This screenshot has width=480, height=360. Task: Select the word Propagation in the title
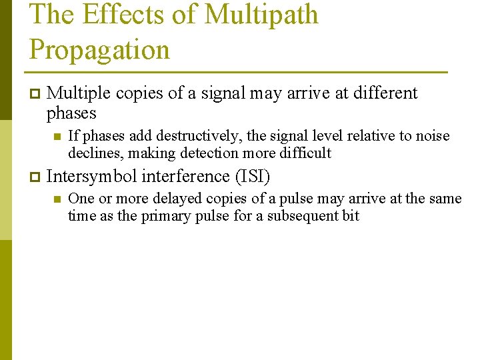click(x=100, y=50)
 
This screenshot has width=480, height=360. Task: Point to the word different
click(x=385, y=93)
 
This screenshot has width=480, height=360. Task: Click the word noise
click(x=434, y=136)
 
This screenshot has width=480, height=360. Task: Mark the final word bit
click(x=351, y=215)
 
